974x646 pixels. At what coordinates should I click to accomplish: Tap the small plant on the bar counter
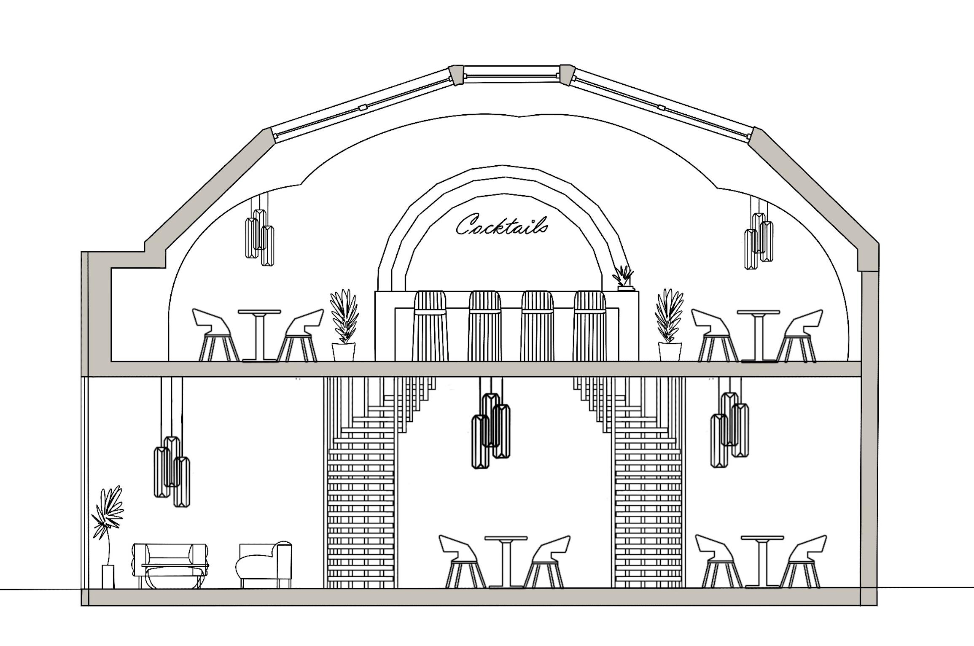click(x=623, y=278)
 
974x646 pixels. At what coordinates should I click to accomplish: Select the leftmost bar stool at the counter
click(x=430, y=325)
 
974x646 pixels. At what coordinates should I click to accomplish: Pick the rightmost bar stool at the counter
click(x=590, y=325)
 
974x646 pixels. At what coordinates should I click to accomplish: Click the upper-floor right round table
click(x=759, y=335)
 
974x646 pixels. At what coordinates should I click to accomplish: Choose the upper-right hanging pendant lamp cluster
click(x=759, y=240)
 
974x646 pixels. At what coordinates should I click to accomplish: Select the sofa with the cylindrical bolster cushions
click(x=170, y=565)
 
